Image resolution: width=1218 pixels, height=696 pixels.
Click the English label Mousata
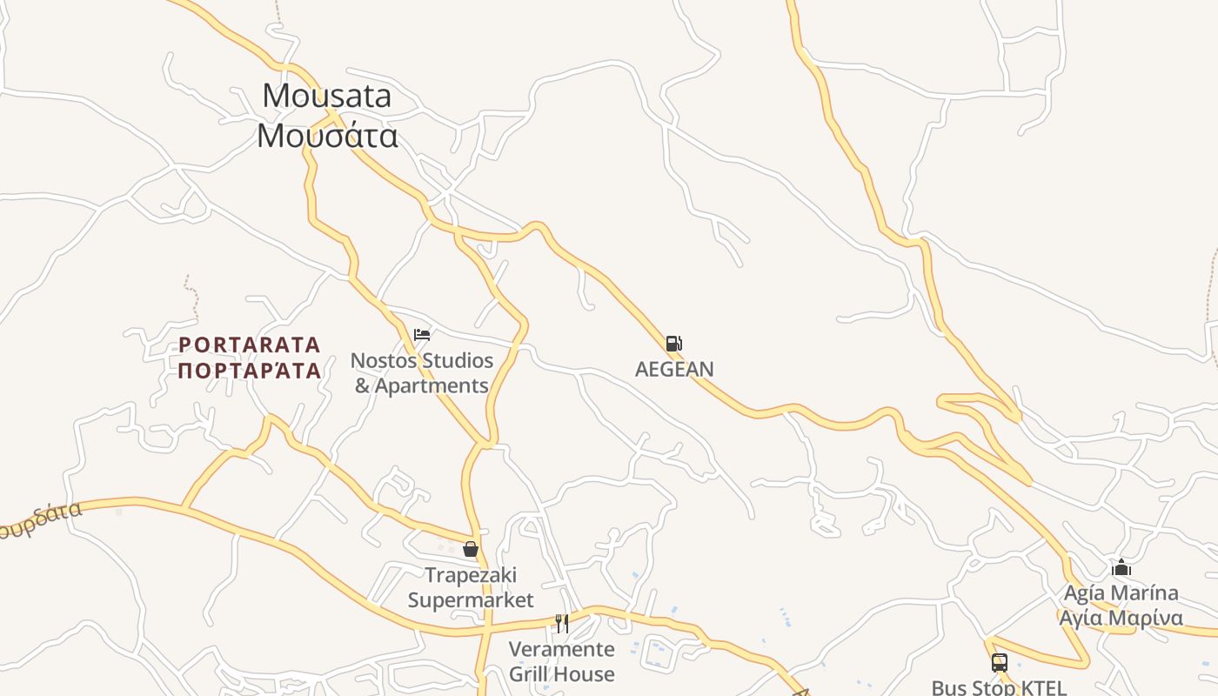(x=327, y=96)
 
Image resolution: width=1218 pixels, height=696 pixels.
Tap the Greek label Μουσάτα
(x=327, y=136)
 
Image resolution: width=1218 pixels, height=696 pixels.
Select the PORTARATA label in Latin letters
(x=250, y=345)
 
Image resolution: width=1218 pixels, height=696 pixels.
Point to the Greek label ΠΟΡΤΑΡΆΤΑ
(x=250, y=371)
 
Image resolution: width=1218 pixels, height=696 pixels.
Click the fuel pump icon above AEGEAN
(x=673, y=344)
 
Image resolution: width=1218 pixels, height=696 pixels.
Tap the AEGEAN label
(x=674, y=369)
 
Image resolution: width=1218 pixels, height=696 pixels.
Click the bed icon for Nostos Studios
(x=422, y=335)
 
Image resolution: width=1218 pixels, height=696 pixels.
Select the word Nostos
(x=382, y=360)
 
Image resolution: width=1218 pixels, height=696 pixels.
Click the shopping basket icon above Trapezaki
(x=471, y=549)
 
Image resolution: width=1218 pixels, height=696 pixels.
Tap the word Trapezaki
(x=471, y=575)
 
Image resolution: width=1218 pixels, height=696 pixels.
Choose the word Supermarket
(x=471, y=600)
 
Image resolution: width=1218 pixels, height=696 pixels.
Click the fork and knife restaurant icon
(x=562, y=623)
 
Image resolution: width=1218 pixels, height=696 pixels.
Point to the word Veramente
(x=561, y=649)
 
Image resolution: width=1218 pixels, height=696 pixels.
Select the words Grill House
(x=561, y=674)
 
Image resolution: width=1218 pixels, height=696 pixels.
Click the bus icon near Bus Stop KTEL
(x=999, y=663)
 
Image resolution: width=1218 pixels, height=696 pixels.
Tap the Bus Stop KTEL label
(x=999, y=687)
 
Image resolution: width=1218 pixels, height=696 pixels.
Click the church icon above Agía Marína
(x=1121, y=568)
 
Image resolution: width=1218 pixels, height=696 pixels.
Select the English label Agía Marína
(x=1121, y=593)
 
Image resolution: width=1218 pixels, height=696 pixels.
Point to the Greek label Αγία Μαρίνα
(x=1121, y=619)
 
